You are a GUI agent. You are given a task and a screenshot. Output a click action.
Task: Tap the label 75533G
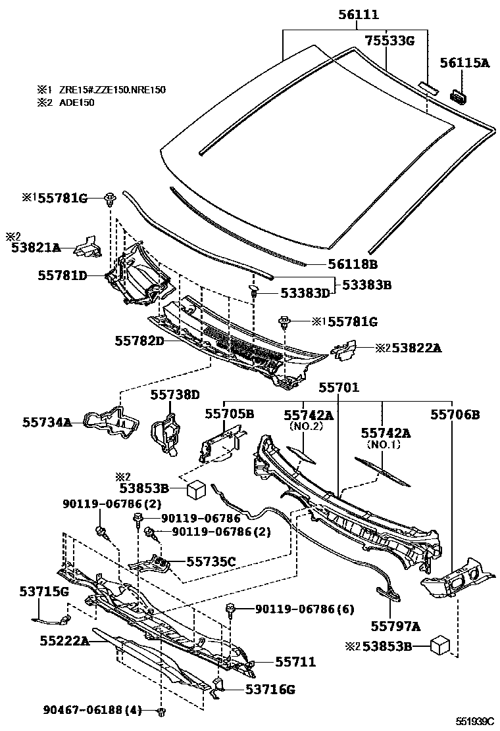391,41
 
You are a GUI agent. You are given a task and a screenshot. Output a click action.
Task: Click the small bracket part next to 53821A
87,247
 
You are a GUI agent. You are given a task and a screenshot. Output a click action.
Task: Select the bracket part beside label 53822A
344,350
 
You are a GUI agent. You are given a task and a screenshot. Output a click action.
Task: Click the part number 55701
339,388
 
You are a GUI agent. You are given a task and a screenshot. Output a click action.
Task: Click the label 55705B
229,413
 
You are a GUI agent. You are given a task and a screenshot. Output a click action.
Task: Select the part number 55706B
455,414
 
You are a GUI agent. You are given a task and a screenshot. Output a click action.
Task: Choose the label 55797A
395,626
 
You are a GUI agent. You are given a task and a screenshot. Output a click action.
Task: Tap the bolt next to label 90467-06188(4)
161,711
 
